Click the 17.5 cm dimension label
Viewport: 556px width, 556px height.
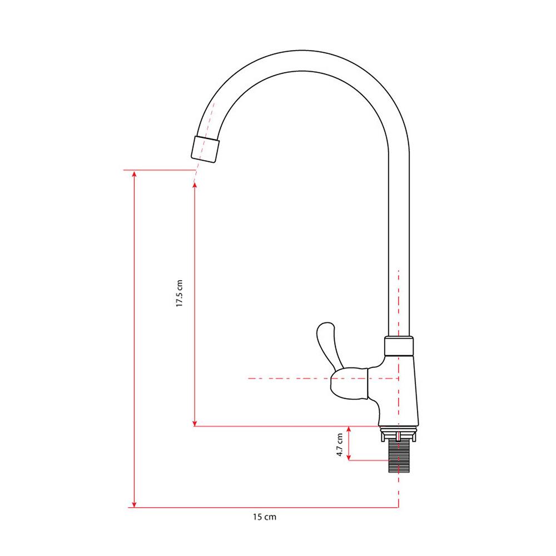click(x=180, y=293)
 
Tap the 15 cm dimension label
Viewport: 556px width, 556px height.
click(x=265, y=517)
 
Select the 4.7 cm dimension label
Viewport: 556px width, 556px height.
click(x=340, y=445)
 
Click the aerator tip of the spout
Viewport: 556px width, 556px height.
click(x=205, y=149)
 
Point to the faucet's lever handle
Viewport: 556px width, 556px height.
click(x=328, y=344)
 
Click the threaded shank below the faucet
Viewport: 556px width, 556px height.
click(x=399, y=456)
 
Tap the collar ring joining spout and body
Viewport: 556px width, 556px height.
click(x=399, y=346)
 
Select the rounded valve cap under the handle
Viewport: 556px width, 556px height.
click(x=349, y=384)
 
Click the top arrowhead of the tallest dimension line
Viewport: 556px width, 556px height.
click(x=134, y=174)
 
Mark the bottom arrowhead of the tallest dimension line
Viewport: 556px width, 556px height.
click(x=134, y=504)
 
